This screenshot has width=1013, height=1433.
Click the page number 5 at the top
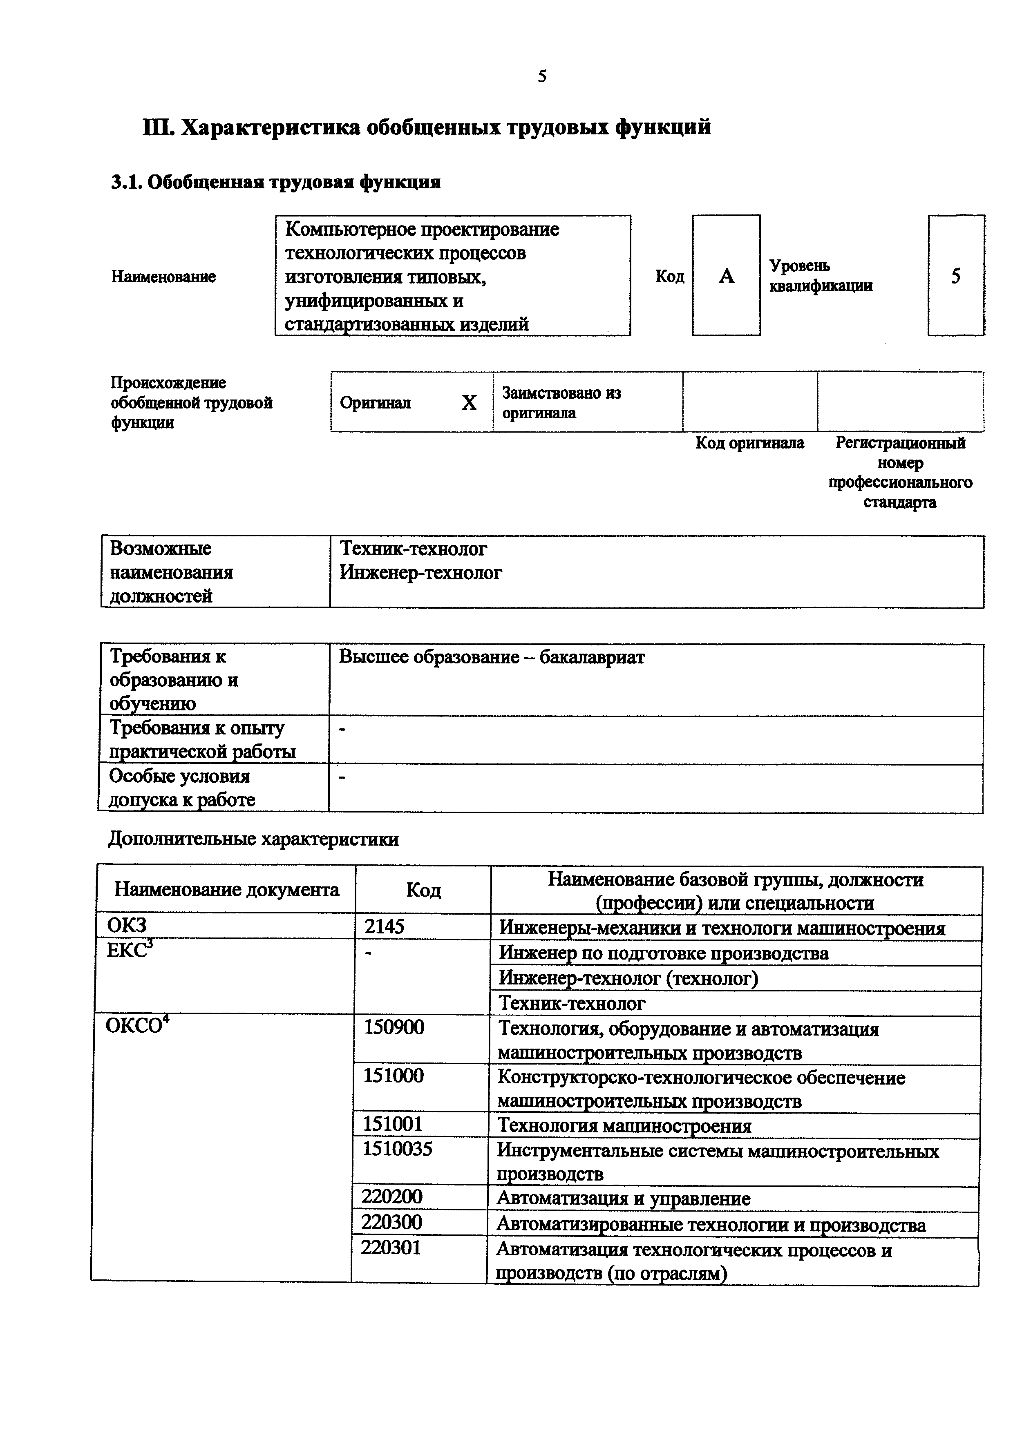point(542,76)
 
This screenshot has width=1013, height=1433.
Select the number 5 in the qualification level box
point(955,276)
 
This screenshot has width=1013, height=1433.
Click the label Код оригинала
point(749,443)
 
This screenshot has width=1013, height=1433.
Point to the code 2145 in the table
point(385,926)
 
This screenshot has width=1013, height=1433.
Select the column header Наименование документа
point(226,889)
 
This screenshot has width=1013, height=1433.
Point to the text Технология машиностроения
point(624,1126)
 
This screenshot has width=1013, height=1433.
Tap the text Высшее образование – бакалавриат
point(491,657)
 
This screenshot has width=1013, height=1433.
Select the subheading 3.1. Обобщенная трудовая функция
point(276,182)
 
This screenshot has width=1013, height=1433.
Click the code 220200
point(392,1196)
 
